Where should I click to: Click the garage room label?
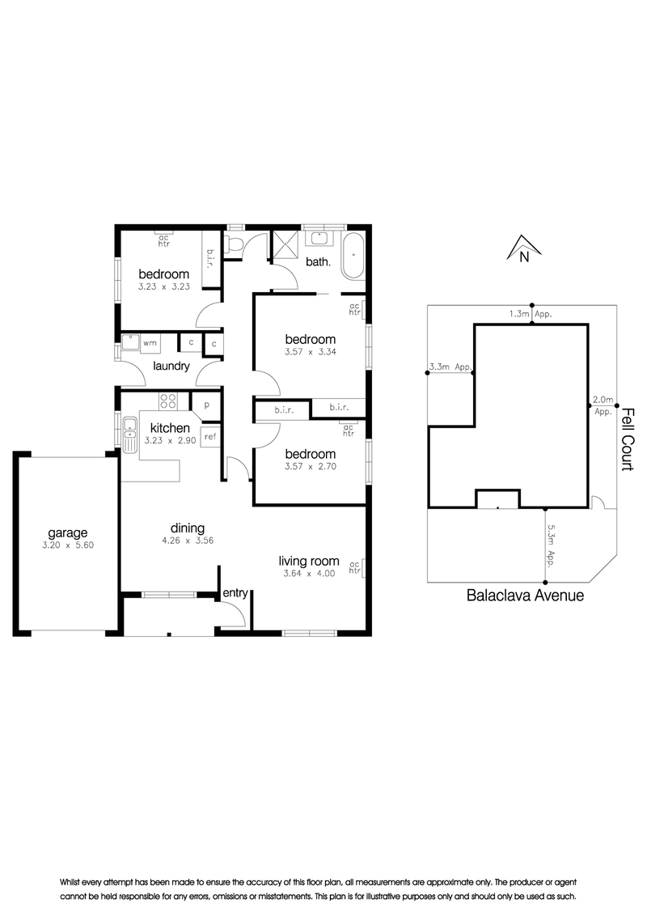coord(68,532)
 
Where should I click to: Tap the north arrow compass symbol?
coord(524,248)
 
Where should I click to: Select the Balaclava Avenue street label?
coord(525,596)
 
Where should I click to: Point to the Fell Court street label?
coord(627,439)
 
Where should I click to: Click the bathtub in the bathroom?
coord(353,257)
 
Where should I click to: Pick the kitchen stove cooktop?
coord(168,401)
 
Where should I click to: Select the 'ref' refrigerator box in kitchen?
coord(210,437)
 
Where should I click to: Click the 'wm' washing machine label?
coord(150,343)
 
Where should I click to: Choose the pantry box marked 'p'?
coord(206,405)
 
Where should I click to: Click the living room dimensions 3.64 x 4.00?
coord(309,574)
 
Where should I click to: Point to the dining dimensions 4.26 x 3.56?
coord(188,541)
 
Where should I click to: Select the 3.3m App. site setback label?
coord(450,367)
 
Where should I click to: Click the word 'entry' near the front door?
coord(235,593)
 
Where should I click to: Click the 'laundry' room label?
coord(171,366)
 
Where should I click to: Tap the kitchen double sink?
coord(129,434)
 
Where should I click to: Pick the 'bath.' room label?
coord(319,261)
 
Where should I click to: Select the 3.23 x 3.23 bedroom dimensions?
coord(164,286)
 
